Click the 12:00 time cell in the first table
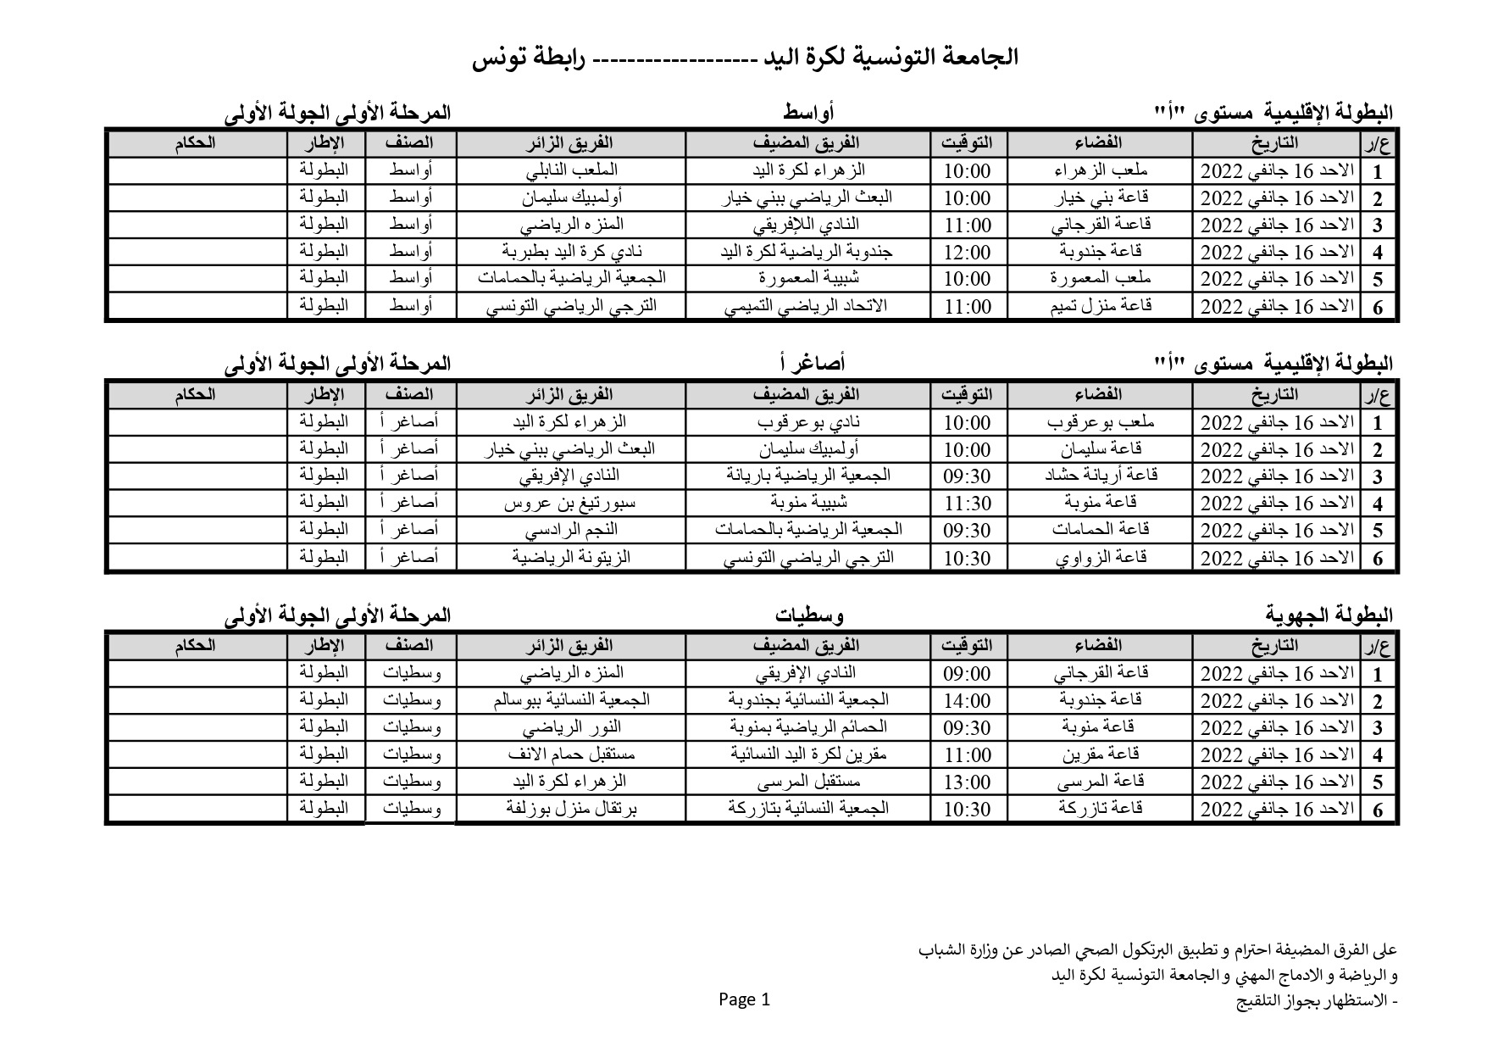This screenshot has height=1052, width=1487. [967, 252]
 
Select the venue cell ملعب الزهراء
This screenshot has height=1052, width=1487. [1101, 170]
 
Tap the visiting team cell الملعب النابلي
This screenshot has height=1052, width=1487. [572, 170]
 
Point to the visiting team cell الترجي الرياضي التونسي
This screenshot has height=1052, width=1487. [572, 306]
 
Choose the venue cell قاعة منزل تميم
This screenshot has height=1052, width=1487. [1101, 306]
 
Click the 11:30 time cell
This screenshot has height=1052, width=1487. [967, 504]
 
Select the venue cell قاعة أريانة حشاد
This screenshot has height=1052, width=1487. [1101, 476]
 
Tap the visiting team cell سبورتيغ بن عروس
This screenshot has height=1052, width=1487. [572, 504]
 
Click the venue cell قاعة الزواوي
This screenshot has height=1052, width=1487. [1101, 558]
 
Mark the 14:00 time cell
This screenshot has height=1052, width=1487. [967, 701]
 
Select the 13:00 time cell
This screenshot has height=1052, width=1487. [967, 782]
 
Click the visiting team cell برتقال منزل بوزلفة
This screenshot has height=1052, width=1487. [572, 809]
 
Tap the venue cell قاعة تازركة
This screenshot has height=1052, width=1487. [1101, 809]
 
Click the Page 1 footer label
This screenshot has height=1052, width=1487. [745, 999]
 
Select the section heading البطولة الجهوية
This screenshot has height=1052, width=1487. [1329, 614]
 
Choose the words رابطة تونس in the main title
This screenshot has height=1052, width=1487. [534, 58]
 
